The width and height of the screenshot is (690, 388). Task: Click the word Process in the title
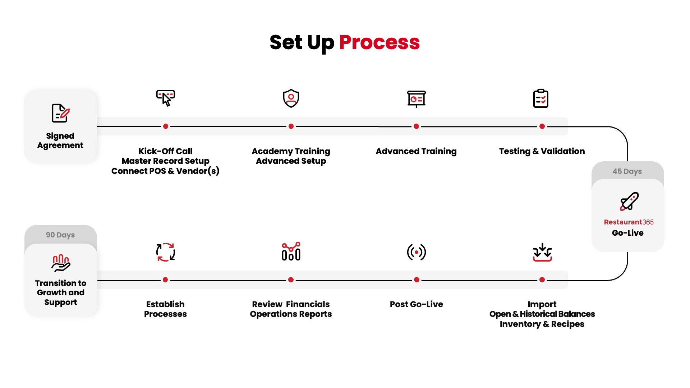(379, 42)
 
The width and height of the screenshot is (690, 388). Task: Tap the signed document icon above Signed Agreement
(61, 114)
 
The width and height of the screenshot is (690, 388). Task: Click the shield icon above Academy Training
(291, 98)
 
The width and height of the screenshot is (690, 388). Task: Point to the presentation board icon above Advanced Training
(416, 99)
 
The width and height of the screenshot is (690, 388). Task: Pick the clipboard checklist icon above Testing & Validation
(541, 98)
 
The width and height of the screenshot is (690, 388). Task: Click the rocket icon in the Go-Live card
(629, 201)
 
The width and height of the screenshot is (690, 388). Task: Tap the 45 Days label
(627, 171)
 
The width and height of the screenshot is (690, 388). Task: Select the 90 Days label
(60, 235)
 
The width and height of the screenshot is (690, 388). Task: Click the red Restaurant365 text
(629, 222)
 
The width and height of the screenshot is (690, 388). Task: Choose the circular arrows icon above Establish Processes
(166, 252)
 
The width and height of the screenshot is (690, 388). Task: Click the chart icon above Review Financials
(291, 251)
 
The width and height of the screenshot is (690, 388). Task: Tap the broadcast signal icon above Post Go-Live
(417, 252)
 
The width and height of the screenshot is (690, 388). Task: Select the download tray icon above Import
(542, 252)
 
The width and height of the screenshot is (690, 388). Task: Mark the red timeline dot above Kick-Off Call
(166, 126)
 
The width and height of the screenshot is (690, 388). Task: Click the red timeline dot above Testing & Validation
(542, 126)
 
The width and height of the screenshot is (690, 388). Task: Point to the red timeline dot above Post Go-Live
(417, 280)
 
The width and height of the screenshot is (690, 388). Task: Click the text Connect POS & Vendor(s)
(165, 171)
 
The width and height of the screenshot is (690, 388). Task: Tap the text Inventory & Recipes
(542, 324)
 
